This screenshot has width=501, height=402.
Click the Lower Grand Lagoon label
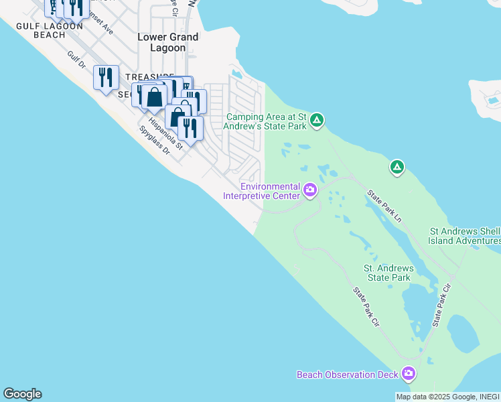[x=167, y=42]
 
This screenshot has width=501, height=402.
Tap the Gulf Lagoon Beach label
[x=49, y=31]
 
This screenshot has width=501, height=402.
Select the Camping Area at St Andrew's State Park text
[x=267, y=121]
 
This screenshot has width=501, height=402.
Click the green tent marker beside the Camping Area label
[x=317, y=121]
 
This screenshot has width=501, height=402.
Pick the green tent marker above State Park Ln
[x=397, y=166]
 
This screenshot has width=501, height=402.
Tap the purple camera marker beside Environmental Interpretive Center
[x=310, y=191]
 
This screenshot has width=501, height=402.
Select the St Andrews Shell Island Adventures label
[x=465, y=236]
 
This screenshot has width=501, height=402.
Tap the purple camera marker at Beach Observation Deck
[x=409, y=374]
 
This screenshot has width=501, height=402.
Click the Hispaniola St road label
[x=165, y=132]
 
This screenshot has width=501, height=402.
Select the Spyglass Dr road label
[x=154, y=141]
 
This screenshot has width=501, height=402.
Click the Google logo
[x=22, y=394]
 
